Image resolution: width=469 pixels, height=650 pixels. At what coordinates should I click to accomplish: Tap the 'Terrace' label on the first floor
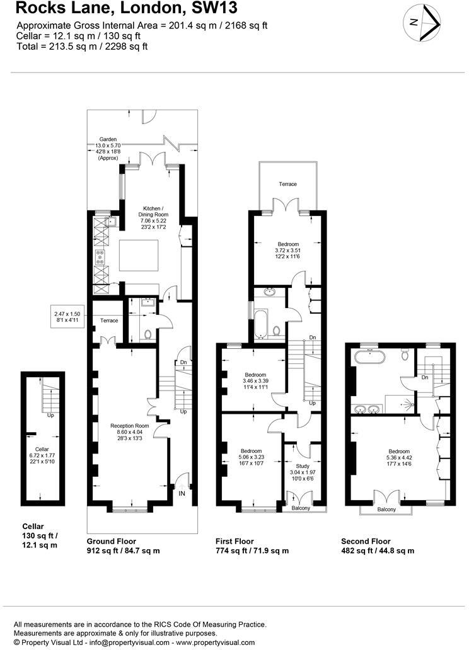[x=287, y=184]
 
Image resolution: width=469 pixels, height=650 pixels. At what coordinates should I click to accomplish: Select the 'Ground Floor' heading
[x=111, y=541]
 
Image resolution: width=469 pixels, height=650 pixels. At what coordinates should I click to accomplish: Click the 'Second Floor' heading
[x=366, y=541]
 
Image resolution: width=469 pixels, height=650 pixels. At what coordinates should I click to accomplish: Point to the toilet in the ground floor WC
[x=147, y=335]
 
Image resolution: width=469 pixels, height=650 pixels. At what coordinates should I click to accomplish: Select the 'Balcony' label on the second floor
[x=386, y=509]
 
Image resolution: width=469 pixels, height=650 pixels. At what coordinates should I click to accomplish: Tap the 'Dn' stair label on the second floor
[x=426, y=378]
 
